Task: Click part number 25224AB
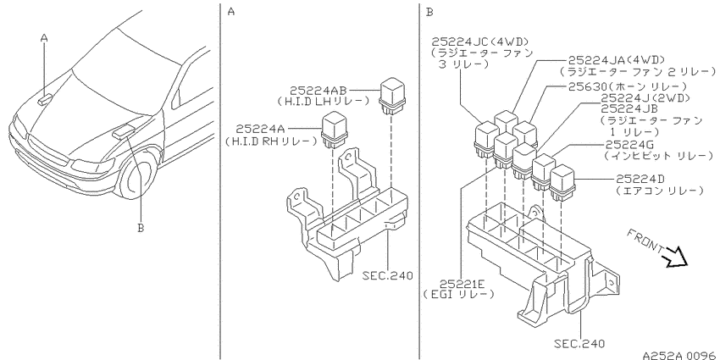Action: [318, 90]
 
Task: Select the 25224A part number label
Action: [260, 129]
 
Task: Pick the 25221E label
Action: [460, 283]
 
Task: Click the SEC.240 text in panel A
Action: [388, 276]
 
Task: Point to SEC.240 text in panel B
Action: [579, 343]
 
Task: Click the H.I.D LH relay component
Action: [390, 97]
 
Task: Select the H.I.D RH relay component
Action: [334, 130]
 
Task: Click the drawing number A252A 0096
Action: [680, 355]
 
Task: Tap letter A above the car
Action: [44, 39]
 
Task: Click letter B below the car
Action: [141, 227]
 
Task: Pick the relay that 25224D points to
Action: [562, 183]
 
